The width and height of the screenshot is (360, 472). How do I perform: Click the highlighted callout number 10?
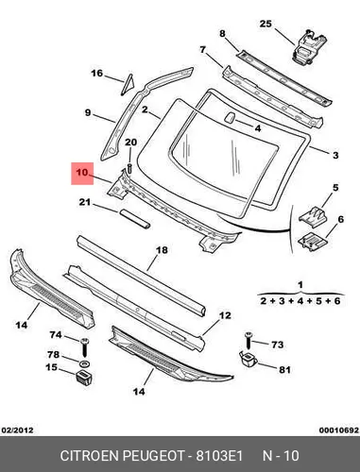coord(82,173)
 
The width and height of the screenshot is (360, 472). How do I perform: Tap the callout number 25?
coord(266,24)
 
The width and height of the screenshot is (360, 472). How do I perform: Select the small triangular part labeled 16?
coord(128,85)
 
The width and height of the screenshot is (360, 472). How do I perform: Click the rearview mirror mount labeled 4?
coord(229,117)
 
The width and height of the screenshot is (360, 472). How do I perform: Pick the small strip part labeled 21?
coord(135,219)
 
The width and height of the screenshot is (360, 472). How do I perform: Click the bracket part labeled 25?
coord(309,46)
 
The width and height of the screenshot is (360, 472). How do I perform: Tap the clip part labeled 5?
coord(314,217)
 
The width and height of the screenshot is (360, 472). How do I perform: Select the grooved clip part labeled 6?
coord(313,242)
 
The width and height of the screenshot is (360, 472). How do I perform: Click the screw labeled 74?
coord(84,347)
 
